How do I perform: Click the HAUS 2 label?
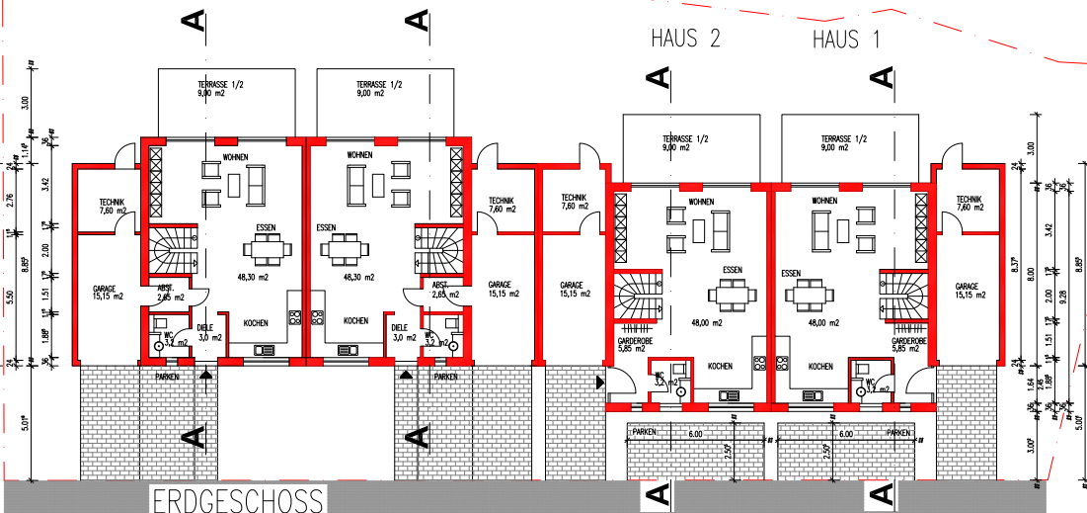(685, 40)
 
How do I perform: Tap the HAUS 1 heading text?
(847, 40)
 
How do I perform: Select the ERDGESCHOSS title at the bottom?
(238, 499)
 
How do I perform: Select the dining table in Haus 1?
(809, 295)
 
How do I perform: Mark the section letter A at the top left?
(195, 21)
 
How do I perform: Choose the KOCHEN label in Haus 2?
(720, 366)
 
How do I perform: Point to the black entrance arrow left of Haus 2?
(599, 381)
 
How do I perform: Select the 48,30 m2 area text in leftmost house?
(254, 278)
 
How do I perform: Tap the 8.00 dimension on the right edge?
(1033, 274)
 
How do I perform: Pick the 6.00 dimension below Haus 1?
(845, 434)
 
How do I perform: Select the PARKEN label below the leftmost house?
(168, 377)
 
